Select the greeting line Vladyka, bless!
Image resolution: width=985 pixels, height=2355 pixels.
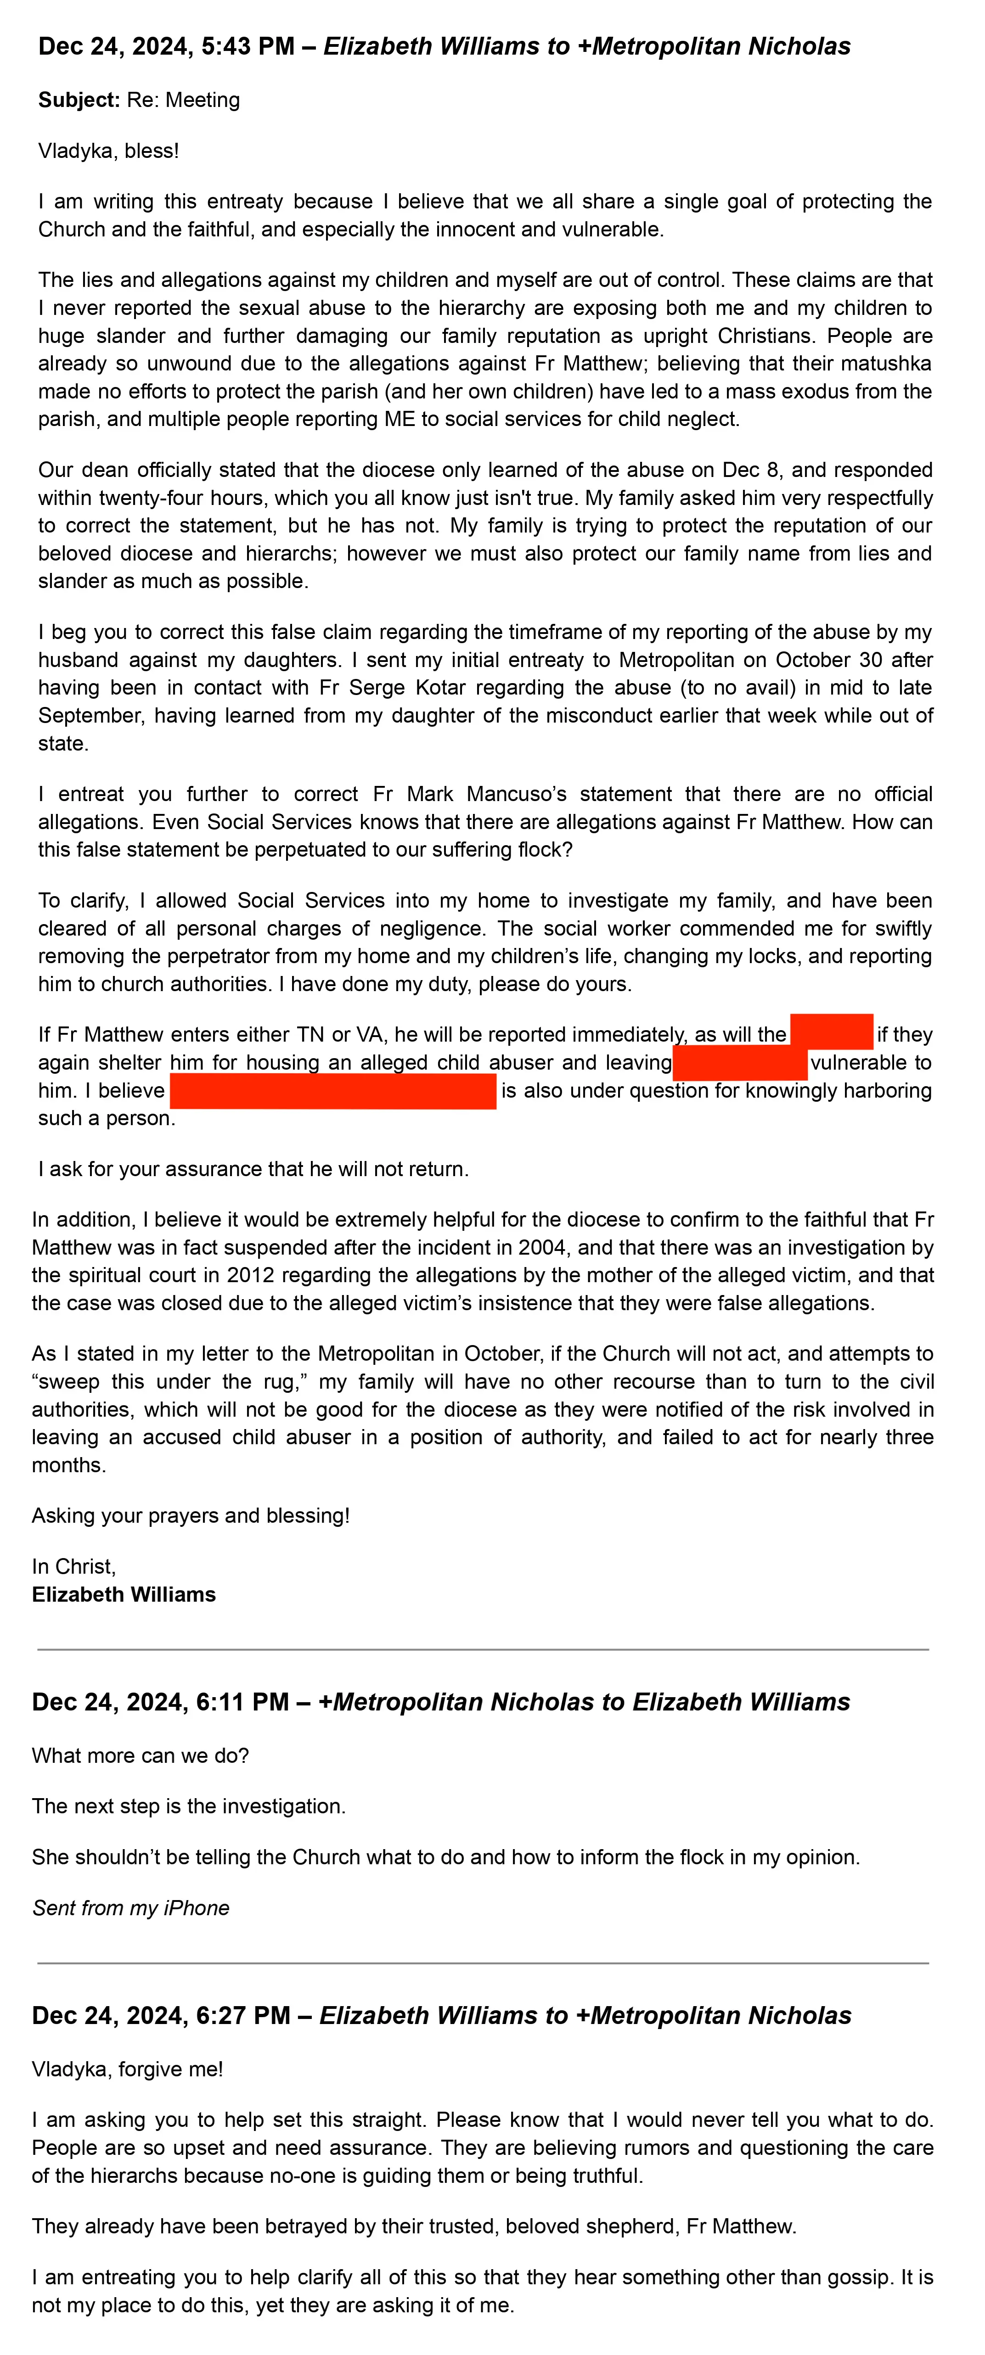tap(108, 151)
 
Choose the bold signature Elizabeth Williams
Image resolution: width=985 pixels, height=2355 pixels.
tap(124, 1594)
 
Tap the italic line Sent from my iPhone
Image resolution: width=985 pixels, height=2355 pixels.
tap(131, 1908)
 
